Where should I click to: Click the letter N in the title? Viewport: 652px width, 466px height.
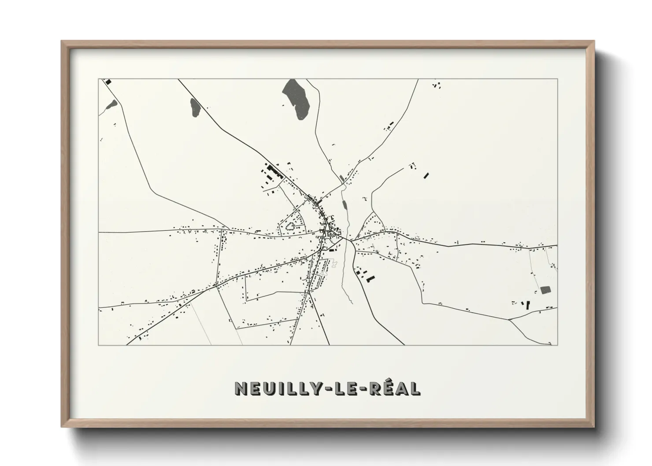click(x=243, y=388)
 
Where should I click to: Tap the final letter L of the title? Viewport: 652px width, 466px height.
click(x=414, y=388)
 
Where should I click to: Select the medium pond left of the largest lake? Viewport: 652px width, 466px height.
click(x=195, y=107)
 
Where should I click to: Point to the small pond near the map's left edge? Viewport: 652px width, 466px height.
click(x=111, y=104)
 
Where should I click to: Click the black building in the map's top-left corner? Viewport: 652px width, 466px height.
click(x=107, y=81)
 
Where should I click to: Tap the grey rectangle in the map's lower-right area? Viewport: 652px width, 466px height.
click(x=546, y=289)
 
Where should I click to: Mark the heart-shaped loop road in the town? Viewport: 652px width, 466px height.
click(x=291, y=227)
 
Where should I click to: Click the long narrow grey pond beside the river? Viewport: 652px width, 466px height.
click(x=345, y=206)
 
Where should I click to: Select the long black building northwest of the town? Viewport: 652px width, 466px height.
click(x=275, y=171)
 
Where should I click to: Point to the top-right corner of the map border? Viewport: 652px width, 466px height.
click(x=557, y=79)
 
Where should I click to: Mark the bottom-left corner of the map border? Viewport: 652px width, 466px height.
click(x=99, y=345)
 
